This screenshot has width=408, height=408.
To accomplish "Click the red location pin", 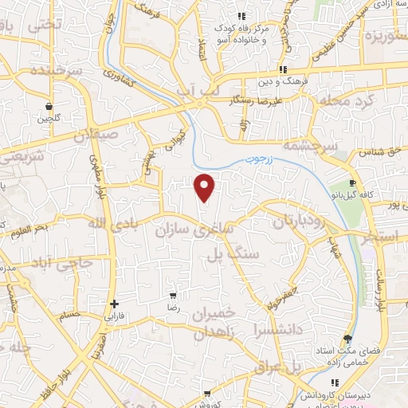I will tap(206, 187).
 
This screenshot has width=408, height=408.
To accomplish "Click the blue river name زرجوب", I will tap(258, 160).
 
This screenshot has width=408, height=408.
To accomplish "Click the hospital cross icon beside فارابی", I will tap(115, 304).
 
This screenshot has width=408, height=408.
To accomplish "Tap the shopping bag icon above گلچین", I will tap(49, 106).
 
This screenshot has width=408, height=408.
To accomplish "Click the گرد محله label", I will tap(343, 100).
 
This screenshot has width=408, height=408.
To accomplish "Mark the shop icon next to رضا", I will tap(173, 296).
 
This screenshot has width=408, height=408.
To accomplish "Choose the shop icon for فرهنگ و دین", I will tap(284, 69).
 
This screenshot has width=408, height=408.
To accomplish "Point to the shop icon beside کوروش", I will tap(207, 394).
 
